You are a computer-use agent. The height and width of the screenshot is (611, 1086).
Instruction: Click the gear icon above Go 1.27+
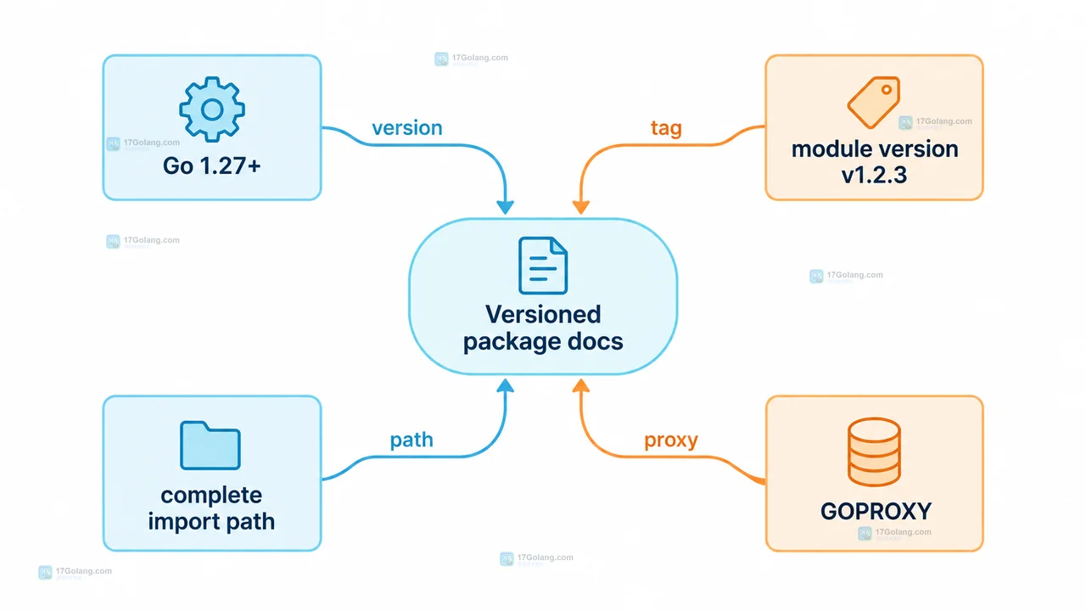(x=212, y=109)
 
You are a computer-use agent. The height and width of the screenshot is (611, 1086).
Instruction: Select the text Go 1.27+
(x=212, y=165)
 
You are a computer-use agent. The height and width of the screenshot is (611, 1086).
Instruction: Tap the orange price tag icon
(x=874, y=103)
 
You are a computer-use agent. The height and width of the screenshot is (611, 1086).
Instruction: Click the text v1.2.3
(x=874, y=175)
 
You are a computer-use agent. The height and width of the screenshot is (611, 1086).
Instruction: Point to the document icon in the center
(x=543, y=266)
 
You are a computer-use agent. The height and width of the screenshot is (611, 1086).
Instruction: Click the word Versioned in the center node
(x=543, y=314)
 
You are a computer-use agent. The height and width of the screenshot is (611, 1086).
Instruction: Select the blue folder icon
(x=210, y=446)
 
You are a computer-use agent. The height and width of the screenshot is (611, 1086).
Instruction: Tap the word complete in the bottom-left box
(x=211, y=496)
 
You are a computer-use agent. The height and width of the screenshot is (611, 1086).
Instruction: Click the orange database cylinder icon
(x=874, y=451)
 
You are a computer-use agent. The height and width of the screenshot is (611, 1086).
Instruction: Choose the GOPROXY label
(x=876, y=511)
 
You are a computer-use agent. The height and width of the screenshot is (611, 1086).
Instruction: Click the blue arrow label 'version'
(x=407, y=128)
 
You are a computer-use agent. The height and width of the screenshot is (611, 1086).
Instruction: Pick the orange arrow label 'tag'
(x=666, y=128)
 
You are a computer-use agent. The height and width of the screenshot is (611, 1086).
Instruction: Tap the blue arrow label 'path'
(x=411, y=440)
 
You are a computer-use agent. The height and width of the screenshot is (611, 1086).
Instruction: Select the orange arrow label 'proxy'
(x=671, y=440)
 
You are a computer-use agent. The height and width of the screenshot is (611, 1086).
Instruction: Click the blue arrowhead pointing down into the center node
(x=505, y=207)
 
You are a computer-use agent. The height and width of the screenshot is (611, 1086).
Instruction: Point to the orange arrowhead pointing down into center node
(x=581, y=207)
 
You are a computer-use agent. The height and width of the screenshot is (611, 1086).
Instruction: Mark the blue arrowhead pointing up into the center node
(x=505, y=385)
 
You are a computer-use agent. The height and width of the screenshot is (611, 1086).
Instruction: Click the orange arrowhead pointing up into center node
(x=581, y=385)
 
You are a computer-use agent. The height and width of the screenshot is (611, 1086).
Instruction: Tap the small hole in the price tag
(x=887, y=90)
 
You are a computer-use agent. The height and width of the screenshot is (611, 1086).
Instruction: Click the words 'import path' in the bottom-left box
(x=211, y=522)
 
